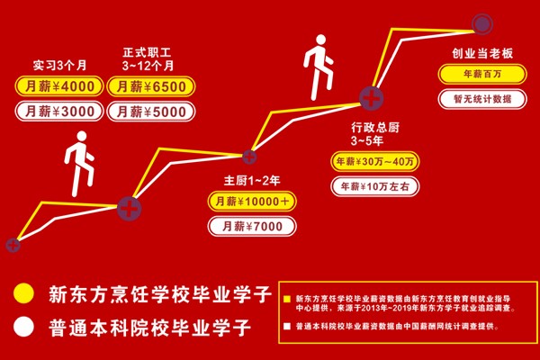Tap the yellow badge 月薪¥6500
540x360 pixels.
(149, 87)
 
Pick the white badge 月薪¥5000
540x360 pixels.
(149, 112)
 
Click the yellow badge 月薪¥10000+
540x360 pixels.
(251, 202)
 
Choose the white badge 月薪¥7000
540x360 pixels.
(251, 226)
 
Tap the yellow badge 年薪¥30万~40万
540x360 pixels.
(374, 162)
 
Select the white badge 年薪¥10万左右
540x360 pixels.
(374, 186)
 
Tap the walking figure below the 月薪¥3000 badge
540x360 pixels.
(79, 163)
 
